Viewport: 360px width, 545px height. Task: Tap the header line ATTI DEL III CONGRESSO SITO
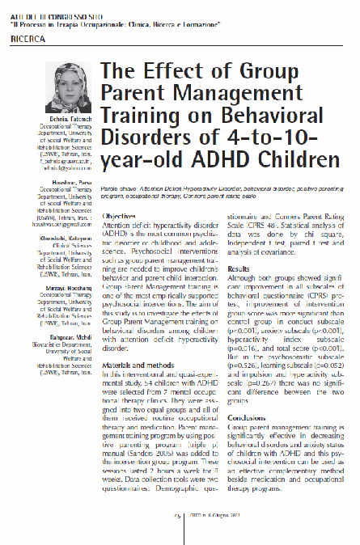point(57,7)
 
